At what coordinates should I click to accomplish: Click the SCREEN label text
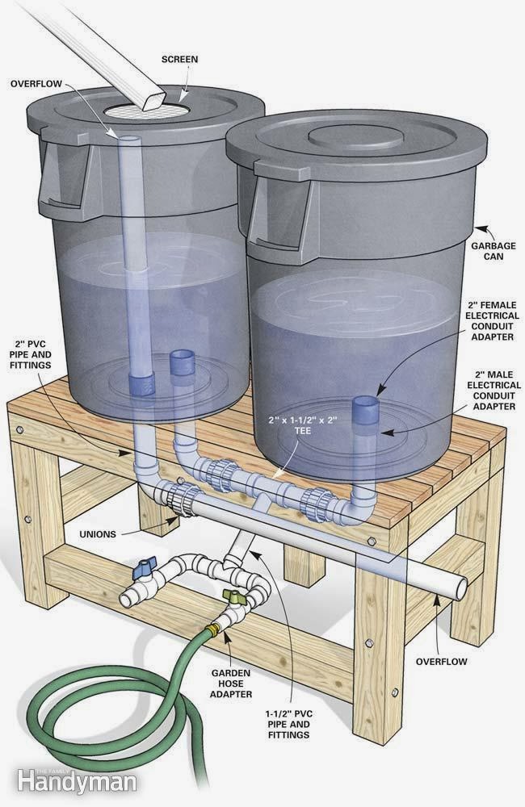[179, 59]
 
